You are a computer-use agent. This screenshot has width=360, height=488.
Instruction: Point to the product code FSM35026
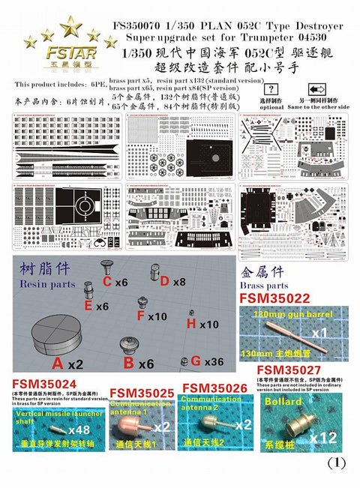click(214, 388)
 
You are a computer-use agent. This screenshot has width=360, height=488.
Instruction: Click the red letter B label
click(127, 364)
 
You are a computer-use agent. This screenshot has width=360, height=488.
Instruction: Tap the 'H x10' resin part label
click(202, 324)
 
